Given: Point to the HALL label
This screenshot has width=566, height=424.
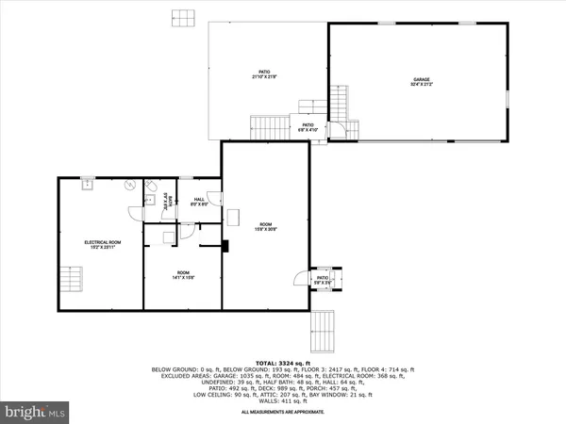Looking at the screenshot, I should (199, 202).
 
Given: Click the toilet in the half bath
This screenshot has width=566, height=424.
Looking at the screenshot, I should (151, 198).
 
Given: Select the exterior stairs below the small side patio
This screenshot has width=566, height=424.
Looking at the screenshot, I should (323, 330).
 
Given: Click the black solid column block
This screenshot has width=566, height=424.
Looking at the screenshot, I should (225, 249).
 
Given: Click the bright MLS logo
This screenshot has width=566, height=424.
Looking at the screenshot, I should (35, 411).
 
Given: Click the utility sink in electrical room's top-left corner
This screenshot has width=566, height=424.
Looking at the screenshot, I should (86, 186).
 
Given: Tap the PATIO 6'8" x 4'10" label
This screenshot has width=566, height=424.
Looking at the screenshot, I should (308, 126).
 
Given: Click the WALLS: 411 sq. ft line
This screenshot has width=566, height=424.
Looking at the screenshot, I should (283, 401).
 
